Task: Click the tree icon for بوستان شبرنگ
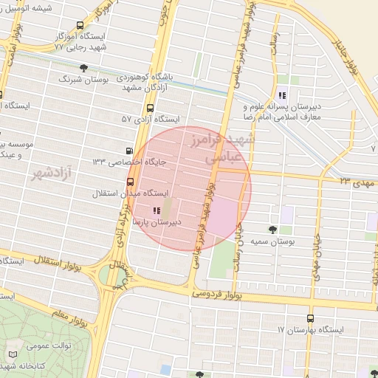[x=83, y=68]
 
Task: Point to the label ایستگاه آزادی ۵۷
[x=151, y=118]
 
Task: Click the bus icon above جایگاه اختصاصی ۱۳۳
[x=131, y=149]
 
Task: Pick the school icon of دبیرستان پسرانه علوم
[x=281, y=94]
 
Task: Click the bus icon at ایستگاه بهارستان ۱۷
[x=309, y=319]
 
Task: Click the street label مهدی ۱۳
[x=358, y=181]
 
